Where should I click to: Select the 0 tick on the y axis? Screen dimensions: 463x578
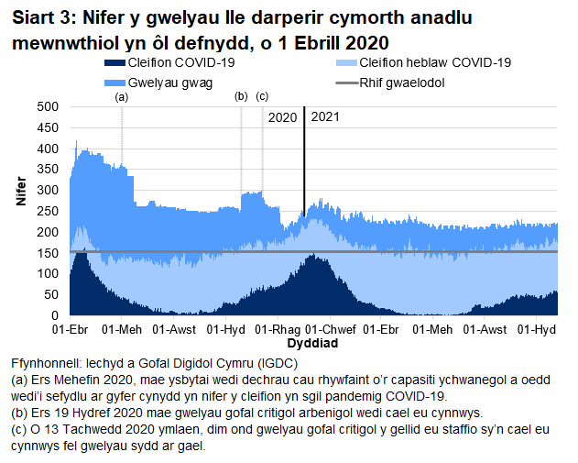point(54,315)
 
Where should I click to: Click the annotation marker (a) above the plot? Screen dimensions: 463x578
point(122,96)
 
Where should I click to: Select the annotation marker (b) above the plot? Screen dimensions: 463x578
point(241,96)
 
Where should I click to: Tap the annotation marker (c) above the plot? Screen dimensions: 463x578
point(262,96)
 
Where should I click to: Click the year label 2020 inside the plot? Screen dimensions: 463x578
point(282,117)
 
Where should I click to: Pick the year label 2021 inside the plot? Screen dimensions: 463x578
point(325,117)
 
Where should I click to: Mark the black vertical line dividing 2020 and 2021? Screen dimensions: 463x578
point(303,165)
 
